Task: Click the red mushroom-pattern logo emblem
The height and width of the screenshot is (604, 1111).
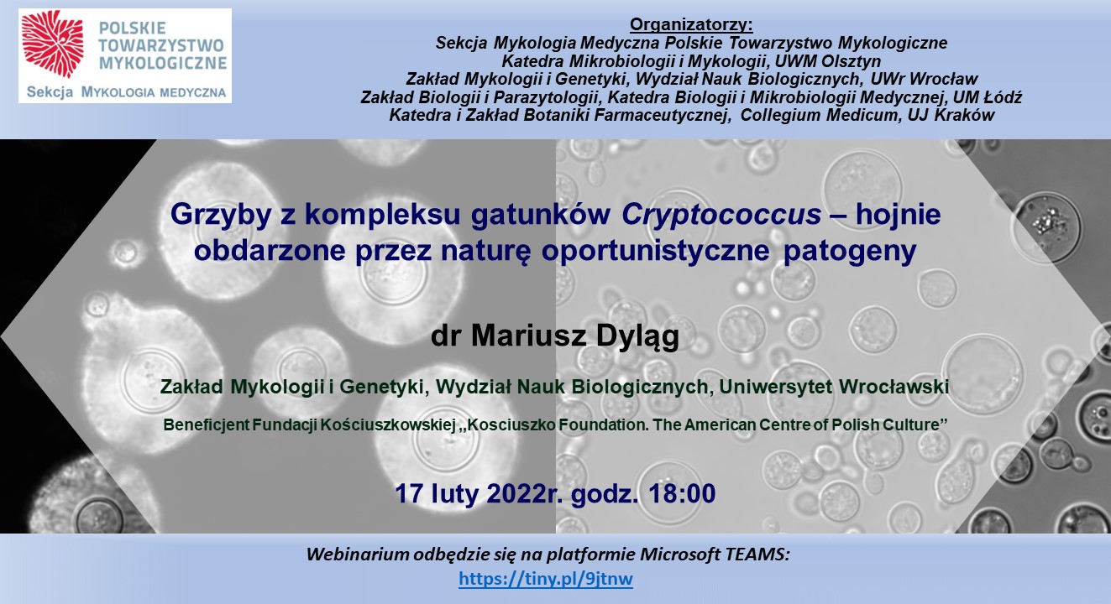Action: coord(53,44)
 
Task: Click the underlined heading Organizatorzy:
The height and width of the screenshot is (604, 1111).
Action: coord(691,24)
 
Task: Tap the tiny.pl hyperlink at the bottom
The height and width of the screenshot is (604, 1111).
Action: coord(546,579)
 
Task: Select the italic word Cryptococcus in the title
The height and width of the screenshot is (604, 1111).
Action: coord(721,215)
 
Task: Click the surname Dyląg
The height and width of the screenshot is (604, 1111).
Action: coord(637,337)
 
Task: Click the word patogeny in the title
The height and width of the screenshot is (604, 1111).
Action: coord(850,251)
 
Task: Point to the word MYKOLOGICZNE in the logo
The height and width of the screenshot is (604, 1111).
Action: coord(163,63)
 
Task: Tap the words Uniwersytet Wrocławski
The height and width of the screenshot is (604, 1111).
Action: coord(834,387)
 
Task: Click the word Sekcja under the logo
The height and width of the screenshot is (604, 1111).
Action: coord(50,92)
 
